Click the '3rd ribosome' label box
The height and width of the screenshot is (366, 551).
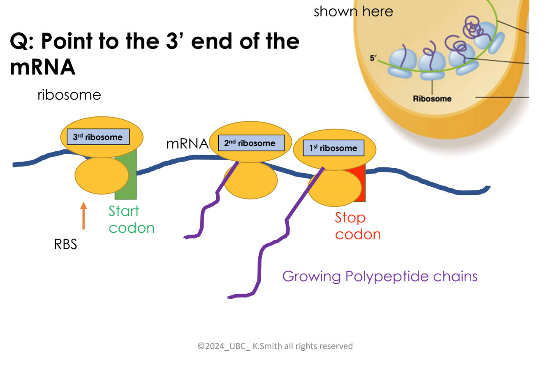point(98,137)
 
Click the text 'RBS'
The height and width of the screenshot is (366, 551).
point(66,245)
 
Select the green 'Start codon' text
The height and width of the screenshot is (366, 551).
point(131,219)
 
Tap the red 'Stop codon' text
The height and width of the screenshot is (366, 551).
point(357,226)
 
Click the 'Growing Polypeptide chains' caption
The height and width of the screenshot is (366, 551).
point(380,276)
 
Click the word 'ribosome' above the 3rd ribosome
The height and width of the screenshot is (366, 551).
point(69,95)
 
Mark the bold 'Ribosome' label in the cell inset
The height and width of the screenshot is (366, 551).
point(432,99)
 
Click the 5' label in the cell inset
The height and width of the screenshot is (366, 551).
point(373,58)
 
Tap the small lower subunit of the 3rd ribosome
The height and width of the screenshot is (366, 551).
point(102,176)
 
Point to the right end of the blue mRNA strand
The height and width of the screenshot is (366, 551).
point(488,188)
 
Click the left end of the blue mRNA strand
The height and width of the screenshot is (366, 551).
point(15,165)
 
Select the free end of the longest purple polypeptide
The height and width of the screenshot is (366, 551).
point(230,297)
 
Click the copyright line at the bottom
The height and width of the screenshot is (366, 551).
point(275,346)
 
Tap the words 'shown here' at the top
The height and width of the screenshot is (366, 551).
point(353,12)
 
